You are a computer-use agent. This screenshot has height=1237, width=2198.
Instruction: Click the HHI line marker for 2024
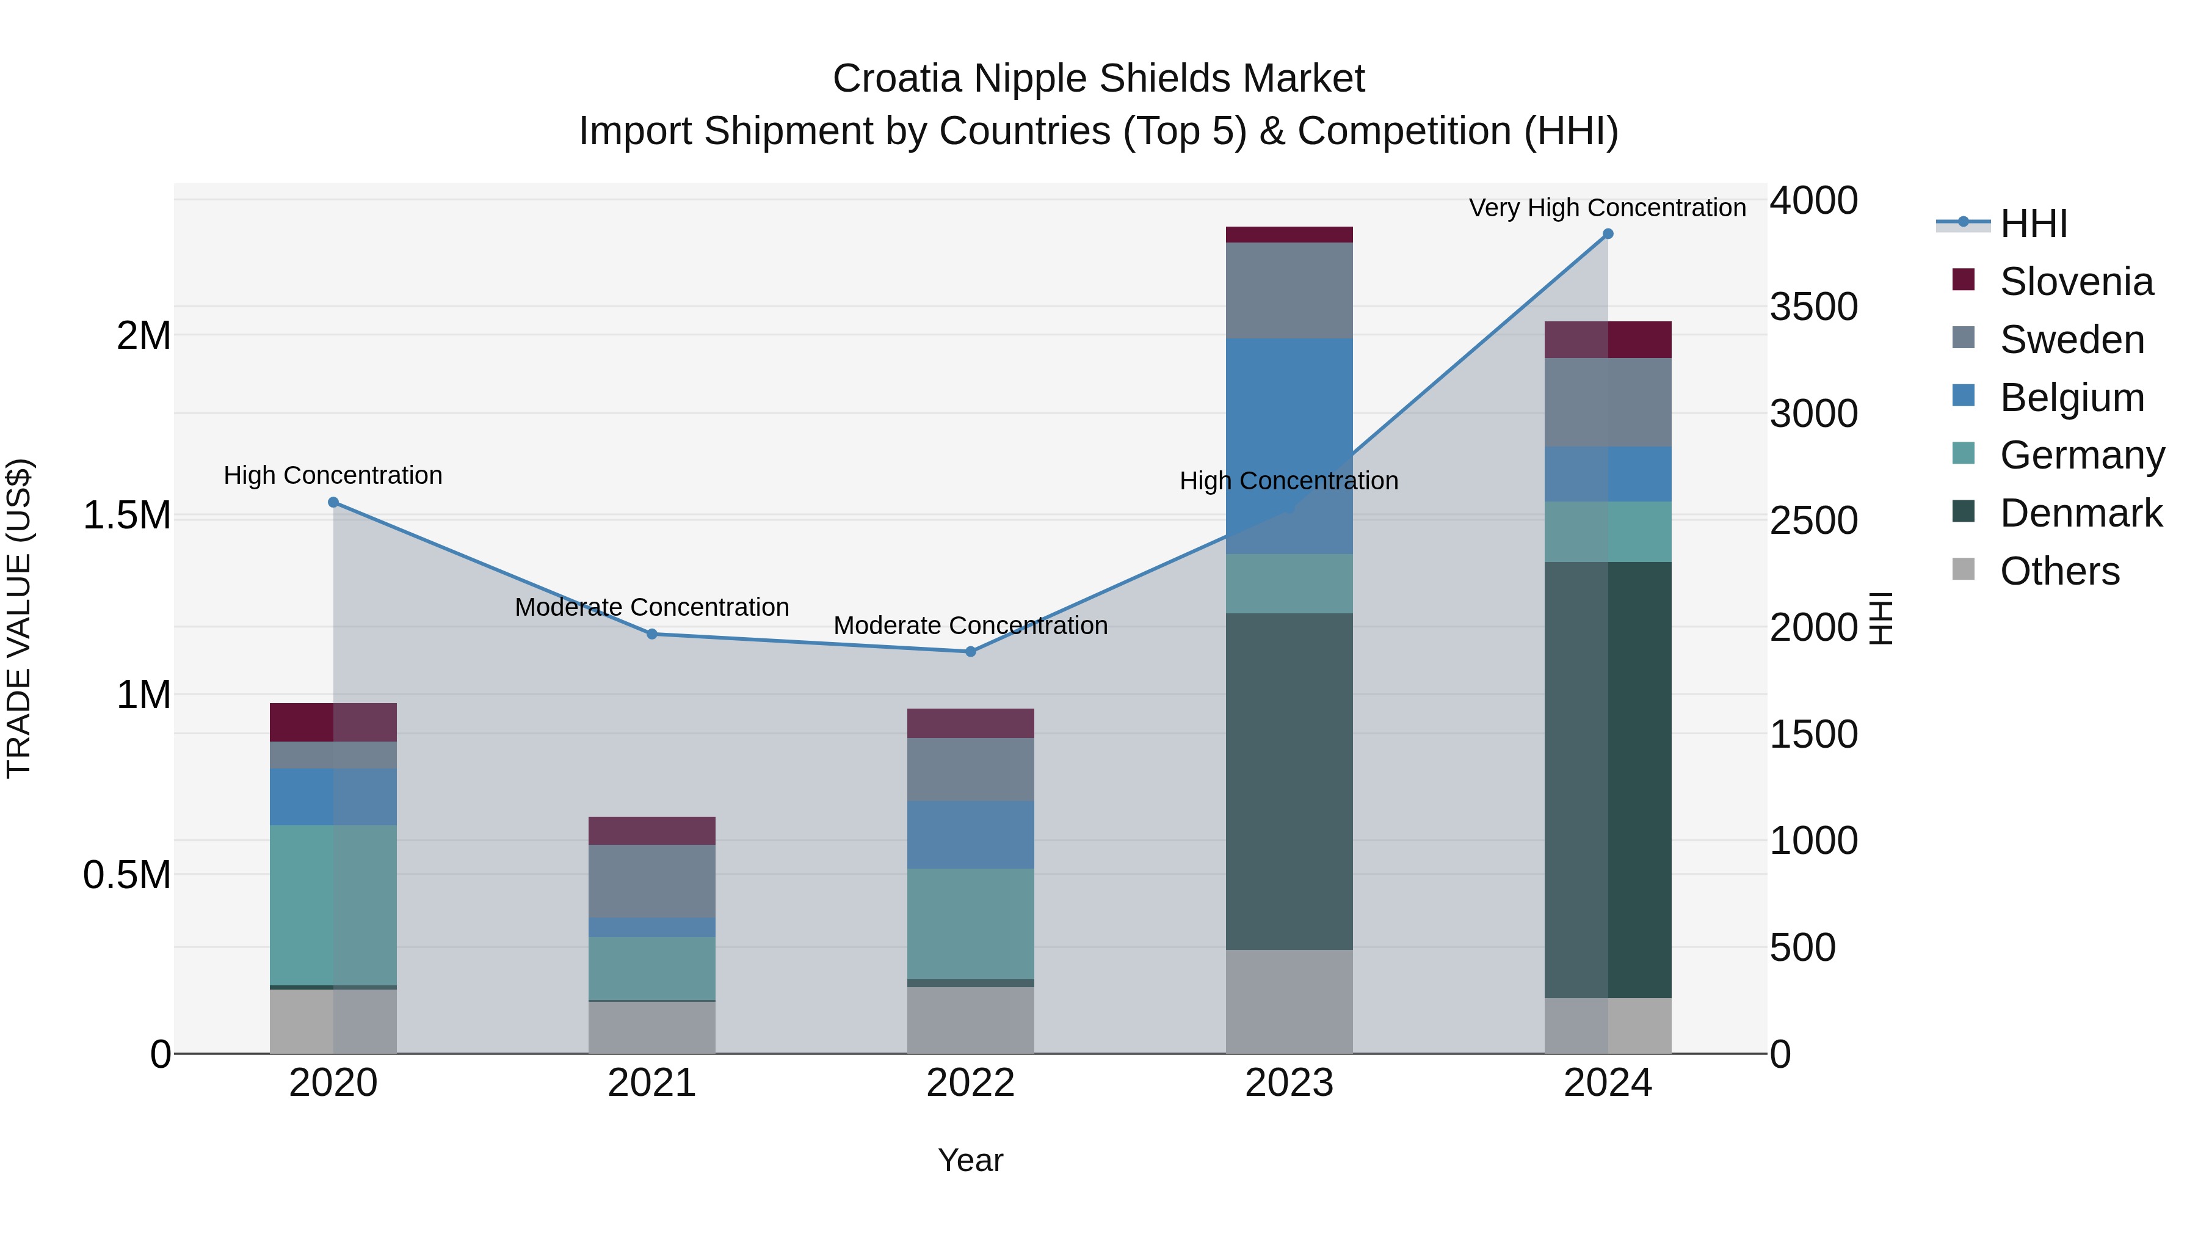pyautogui.click(x=1608, y=234)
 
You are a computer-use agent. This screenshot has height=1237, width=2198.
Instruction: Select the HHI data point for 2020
pyautogui.click(x=333, y=502)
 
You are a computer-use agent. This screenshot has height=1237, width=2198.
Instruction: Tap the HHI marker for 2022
pyautogui.click(x=970, y=651)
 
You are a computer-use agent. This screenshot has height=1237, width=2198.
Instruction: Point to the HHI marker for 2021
pyautogui.click(x=652, y=633)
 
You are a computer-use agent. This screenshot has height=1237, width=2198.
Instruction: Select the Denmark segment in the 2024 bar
pyautogui.click(x=1608, y=779)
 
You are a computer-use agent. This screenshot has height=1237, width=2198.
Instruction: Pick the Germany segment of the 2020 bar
pyautogui.click(x=333, y=905)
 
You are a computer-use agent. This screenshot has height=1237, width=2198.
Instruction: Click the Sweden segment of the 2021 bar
pyautogui.click(x=652, y=881)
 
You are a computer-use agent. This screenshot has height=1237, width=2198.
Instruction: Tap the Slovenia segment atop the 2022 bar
pyautogui.click(x=970, y=723)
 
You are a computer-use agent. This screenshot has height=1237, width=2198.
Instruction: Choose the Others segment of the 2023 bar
pyautogui.click(x=1288, y=1001)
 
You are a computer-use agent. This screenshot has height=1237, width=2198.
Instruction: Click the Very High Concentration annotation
pyautogui.click(x=1607, y=208)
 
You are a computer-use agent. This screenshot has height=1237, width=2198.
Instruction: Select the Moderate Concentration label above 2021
pyautogui.click(x=652, y=607)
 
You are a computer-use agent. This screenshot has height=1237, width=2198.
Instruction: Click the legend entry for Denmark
pyautogui.click(x=2080, y=513)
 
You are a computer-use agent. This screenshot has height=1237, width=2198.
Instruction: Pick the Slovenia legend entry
pyautogui.click(x=2075, y=282)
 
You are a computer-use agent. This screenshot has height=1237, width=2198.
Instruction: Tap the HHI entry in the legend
pyautogui.click(x=2033, y=224)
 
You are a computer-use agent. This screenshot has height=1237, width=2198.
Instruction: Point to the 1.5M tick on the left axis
pyautogui.click(x=127, y=516)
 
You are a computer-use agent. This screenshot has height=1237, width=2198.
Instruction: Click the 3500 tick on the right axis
pyautogui.click(x=1813, y=307)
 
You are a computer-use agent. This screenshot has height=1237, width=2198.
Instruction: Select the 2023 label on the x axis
pyautogui.click(x=1288, y=1083)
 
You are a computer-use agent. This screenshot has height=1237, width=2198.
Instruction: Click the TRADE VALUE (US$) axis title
pyautogui.click(x=19, y=618)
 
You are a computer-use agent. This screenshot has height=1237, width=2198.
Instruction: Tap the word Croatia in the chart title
pyautogui.click(x=897, y=79)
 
